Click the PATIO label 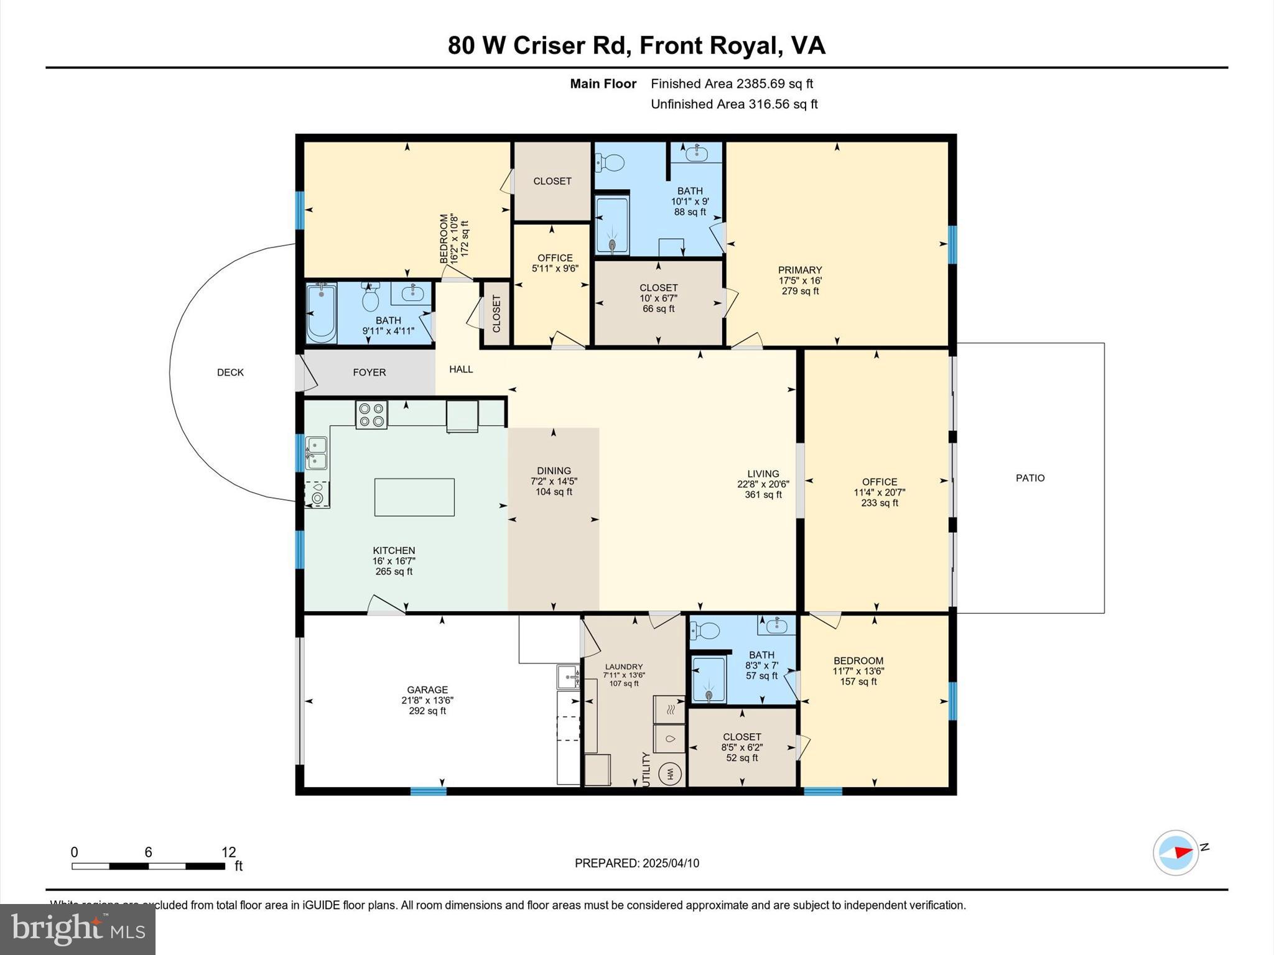[x=1030, y=478]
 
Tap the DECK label [x=230, y=372]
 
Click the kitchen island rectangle [x=414, y=497]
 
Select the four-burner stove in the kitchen [x=371, y=415]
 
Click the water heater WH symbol [x=671, y=774]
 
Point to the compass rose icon [x=1176, y=852]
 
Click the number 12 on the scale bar [x=228, y=852]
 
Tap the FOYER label [x=370, y=372]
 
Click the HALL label [x=461, y=369]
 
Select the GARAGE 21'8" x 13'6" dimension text [x=427, y=700]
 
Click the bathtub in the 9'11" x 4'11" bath [x=321, y=312]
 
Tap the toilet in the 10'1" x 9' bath [x=610, y=164]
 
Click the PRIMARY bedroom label [x=800, y=270]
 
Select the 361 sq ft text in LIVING [x=763, y=495]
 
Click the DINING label [x=554, y=471]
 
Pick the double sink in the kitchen [x=316, y=453]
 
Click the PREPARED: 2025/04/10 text [x=637, y=863]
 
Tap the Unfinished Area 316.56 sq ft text [x=734, y=104]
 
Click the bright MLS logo [x=78, y=929]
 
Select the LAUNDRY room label [x=624, y=667]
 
